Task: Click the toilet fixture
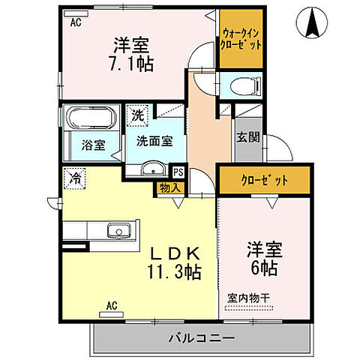244,83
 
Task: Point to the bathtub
91,118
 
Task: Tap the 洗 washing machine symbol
137,115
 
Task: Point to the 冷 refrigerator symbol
75,178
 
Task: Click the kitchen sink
116,229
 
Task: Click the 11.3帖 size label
174,272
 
